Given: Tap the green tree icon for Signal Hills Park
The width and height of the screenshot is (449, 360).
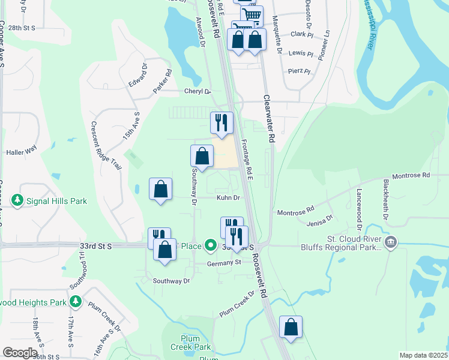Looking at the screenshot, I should pos(18,200).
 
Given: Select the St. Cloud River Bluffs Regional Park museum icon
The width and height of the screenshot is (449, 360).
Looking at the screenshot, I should pos(391,242).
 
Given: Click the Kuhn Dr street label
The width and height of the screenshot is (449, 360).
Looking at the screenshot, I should pos(228,197).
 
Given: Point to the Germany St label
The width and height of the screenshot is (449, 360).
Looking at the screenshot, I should pos(224,262).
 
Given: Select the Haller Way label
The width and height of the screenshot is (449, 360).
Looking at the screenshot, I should pos(22,152).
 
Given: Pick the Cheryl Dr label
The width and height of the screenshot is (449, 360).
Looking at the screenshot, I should pos(198,92).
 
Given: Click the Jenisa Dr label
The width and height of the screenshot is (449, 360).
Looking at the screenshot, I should pos(319,223).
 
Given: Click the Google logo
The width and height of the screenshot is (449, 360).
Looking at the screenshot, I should pos(20,353).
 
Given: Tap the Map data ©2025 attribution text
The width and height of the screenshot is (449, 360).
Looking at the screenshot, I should pos(423,355).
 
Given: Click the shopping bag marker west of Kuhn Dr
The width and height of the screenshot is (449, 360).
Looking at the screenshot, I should pos(160,190).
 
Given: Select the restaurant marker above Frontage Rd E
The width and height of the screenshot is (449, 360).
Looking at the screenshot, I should pos(221,122).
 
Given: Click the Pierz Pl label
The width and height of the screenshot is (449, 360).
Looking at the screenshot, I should pos(298,71).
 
